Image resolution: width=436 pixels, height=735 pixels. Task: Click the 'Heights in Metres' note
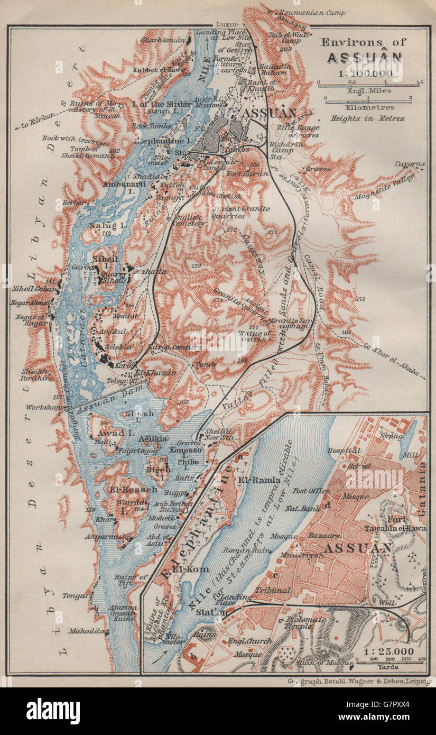tap(367, 118)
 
